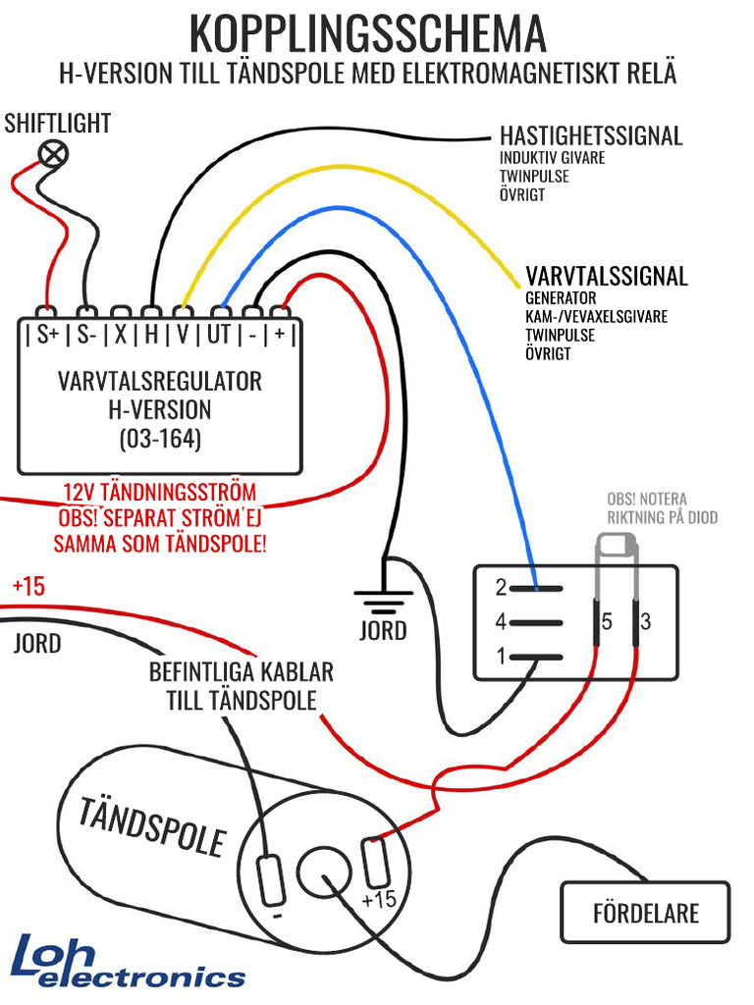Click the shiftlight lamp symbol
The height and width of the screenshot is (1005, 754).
[x=54, y=154]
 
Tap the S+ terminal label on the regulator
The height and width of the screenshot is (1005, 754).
[x=47, y=334]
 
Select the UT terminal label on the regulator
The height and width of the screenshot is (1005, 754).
[x=219, y=334]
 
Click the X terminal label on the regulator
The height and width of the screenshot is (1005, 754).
[x=121, y=334]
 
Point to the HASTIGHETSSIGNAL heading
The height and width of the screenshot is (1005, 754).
[x=591, y=135]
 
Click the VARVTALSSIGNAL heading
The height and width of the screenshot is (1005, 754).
[x=607, y=276]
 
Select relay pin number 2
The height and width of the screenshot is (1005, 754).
[x=502, y=587]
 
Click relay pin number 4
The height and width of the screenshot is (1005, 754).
[x=501, y=621]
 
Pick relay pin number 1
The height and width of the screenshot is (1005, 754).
[x=502, y=657]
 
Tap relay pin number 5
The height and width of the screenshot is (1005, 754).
[x=607, y=621]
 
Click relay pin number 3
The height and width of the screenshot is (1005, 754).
[x=646, y=621]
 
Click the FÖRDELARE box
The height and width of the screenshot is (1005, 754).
[x=646, y=913]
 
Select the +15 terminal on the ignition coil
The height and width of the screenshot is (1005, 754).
[x=374, y=863]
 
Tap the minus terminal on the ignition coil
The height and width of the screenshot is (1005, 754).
[x=271, y=880]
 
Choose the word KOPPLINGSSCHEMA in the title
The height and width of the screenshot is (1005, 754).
[x=368, y=34]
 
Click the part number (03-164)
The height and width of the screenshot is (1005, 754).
[x=160, y=439]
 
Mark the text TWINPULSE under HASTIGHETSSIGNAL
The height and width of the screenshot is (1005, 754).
[x=534, y=177]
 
